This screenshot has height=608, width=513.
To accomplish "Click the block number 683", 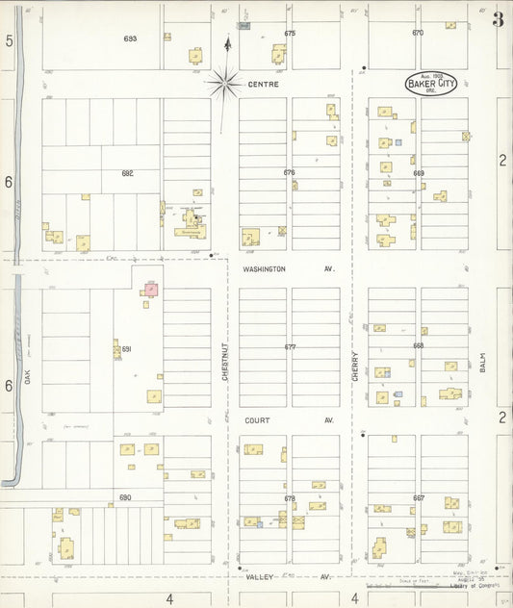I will [130, 38].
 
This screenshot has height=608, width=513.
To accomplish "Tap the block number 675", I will [290, 34].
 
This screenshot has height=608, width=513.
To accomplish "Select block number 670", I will [418, 33].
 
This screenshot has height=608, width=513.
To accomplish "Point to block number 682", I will [127, 173].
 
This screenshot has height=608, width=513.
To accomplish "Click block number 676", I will [290, 172].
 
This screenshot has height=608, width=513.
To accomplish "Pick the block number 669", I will [419, 173].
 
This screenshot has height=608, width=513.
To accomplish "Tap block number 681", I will [125, 348].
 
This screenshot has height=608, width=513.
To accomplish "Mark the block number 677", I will [290, 346].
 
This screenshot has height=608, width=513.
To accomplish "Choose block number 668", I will [419, 345].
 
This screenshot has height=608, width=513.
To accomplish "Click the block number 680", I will [125, 497].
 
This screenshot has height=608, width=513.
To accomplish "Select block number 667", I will [419, 497].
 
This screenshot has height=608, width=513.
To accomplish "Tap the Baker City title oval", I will [429, 83].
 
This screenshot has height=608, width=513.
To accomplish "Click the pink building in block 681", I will [151, 289].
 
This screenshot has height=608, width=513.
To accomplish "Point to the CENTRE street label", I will [262, 85].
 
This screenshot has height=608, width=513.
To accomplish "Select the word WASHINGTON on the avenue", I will [264, 269].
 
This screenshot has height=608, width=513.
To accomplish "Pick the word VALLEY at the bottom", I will [259, 576].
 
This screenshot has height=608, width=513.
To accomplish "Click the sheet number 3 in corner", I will [498, 19].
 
